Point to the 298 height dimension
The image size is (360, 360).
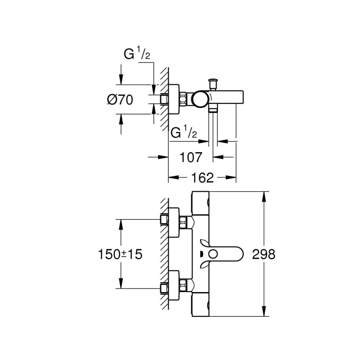pos(264,254)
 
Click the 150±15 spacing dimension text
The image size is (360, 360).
pos(119,254)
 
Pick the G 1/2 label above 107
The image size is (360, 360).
pos(184,134)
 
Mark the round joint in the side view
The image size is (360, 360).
pos(199,99)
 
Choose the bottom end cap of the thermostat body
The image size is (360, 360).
pos(201,306)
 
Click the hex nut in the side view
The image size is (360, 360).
pos(184,99)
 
